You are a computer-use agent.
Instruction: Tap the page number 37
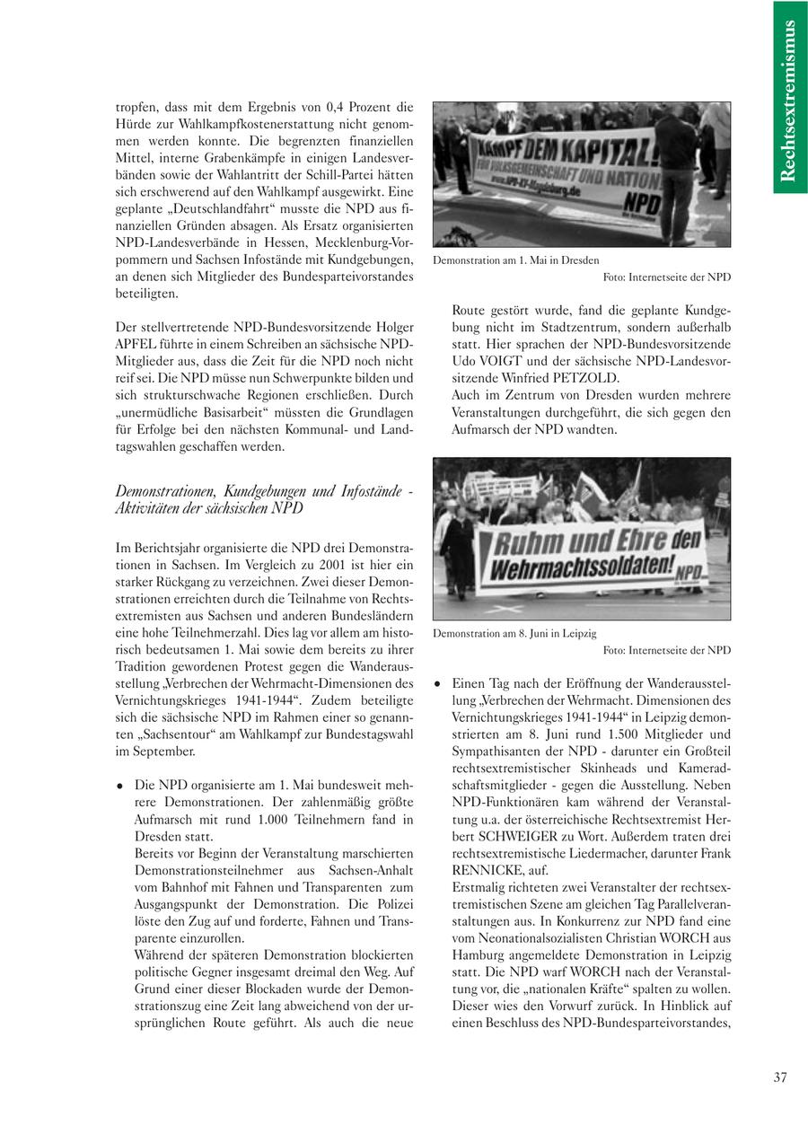point(779,1078)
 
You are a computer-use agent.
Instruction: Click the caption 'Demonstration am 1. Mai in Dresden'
point(516,260)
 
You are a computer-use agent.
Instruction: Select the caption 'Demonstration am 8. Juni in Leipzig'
point(514,633)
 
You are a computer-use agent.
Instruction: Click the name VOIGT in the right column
point(492,360)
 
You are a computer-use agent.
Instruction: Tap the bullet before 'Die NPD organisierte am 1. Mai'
point(120,786)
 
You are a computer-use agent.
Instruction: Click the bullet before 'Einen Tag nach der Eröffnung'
point(437,683)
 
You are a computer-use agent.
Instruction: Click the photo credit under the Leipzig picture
point(666,650)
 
